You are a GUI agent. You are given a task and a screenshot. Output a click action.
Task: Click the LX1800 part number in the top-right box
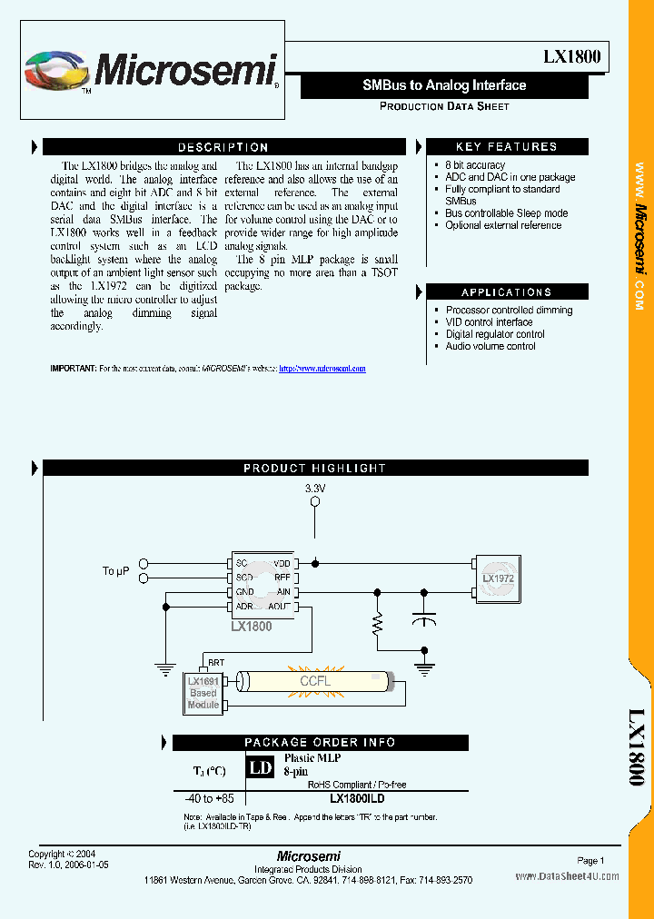coord(571,56)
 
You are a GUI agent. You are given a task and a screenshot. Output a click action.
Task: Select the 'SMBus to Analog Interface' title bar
coord(444,85)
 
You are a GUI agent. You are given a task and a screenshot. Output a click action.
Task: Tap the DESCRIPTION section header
coord(223,147)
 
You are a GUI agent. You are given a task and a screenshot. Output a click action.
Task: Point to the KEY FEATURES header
coord(506,147)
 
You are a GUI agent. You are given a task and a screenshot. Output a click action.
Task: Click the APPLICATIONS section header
coord(506,292)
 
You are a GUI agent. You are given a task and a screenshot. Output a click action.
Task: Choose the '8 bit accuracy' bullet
coord(474,165)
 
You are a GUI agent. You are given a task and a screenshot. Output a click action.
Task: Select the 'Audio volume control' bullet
coord(490,346)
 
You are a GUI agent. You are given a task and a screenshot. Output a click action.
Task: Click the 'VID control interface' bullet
coord(489,322)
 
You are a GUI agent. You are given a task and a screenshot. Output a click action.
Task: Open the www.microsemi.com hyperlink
coord(322,369)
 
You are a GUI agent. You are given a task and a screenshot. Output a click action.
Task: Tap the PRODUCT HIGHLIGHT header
coord(314,469)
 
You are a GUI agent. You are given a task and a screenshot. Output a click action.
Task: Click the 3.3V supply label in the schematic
coord(314,489)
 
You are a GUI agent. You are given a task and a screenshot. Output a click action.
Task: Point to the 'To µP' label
coord(115,570)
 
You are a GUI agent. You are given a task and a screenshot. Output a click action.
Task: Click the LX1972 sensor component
coord(497,578)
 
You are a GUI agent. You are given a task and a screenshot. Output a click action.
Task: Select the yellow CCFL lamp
coord(314,681)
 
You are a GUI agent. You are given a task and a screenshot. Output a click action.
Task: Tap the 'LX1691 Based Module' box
coord(203,693)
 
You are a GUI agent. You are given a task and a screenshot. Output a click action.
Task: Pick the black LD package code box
coord(260,768)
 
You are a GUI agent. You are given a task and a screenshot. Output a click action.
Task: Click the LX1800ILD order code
coord(357,798)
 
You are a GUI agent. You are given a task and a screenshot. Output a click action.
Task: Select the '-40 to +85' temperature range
coord(209,799)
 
